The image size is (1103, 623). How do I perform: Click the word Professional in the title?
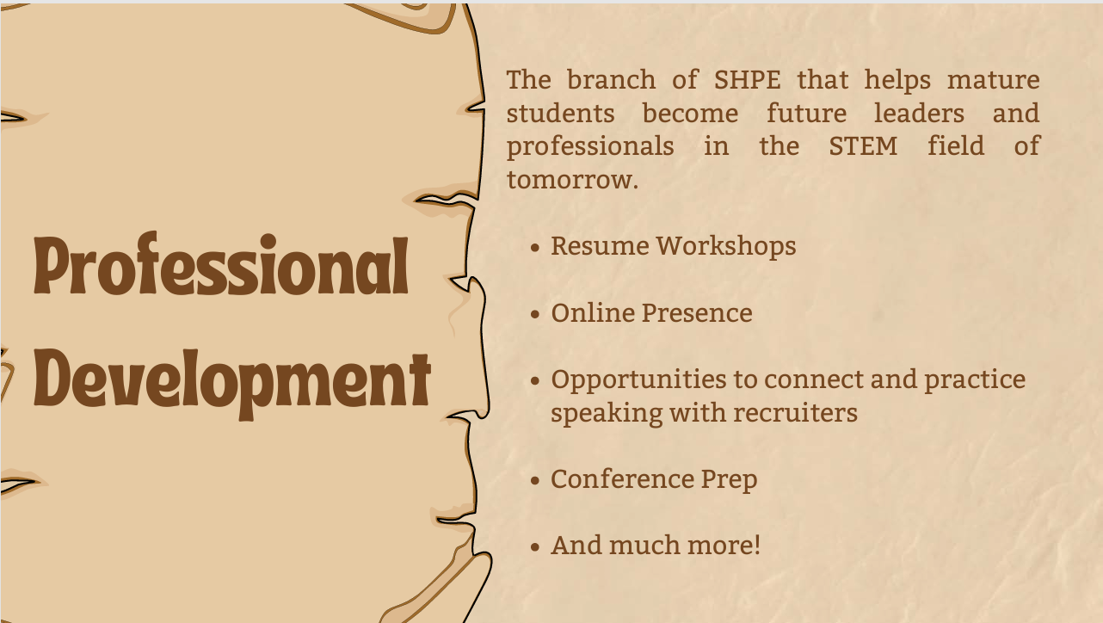coord(221,267)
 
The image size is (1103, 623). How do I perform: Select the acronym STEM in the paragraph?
coord(863,146)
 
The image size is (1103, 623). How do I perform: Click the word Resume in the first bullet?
coord(599,246)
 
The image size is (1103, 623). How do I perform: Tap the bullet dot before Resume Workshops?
coord(535,248)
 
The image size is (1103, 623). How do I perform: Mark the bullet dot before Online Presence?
coord(535,314)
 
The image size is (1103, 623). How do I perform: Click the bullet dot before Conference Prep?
coord(535,480)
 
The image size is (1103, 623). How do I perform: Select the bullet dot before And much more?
coord(535,546)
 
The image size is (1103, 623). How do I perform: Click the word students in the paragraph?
coord(560,114)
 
